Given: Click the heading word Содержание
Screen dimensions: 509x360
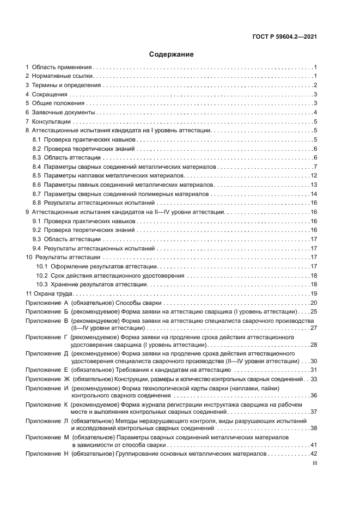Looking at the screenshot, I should pos(172,54).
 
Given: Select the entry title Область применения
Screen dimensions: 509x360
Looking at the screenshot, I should pos(62,67).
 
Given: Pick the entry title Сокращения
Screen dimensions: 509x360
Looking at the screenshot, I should pos(50,95).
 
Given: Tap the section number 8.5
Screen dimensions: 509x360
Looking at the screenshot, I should pos(37,175).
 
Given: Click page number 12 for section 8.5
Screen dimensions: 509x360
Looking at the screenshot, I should pos(314,175).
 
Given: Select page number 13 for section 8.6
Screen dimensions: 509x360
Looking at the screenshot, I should pos(314,185).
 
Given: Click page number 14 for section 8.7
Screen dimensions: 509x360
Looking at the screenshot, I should pos(314,194).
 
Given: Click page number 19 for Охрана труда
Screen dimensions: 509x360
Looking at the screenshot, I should pos(314,293).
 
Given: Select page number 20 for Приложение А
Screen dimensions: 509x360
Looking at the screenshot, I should pos(314,303).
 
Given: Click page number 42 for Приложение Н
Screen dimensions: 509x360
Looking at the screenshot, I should pos(314,453).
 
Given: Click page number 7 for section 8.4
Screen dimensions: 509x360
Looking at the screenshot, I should pos(315,166).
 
